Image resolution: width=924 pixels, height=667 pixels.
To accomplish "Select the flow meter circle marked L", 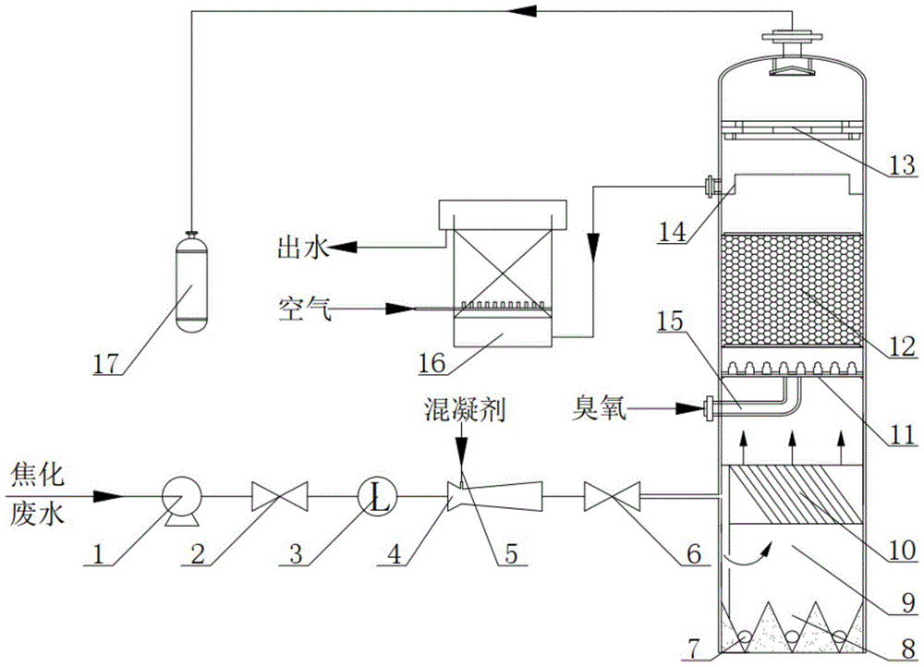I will pos(378,499).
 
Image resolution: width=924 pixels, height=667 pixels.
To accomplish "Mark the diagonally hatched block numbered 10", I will pos(793,495).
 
